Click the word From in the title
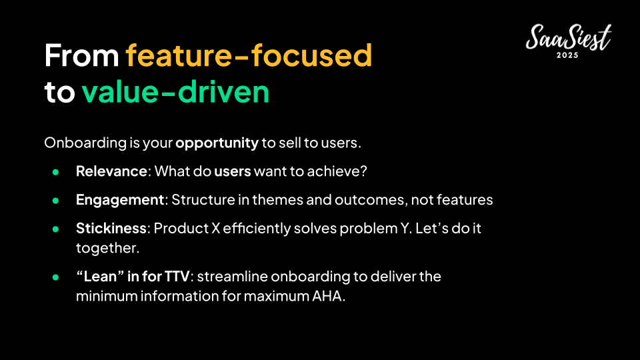[x=81, y=55]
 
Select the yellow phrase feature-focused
[x=249, y=55]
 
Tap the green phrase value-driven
[x=175, y=91]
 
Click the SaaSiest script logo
[x=569, y=37]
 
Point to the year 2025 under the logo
[x=568, y=55]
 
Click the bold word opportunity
[x=217, y=143]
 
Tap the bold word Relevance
[x=111, y=171]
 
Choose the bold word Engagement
[x=120, y=200]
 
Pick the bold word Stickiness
[x=111, y=228]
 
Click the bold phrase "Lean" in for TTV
[x=133, y=276]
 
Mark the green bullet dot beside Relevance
[x=55, y=172]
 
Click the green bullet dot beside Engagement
[x=55, y=201]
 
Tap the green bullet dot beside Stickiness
[x=55, y=229]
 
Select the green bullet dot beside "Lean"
[x=55, y=277]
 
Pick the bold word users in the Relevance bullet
[x=233, y=171]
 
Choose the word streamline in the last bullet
[x=231, y=276]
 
